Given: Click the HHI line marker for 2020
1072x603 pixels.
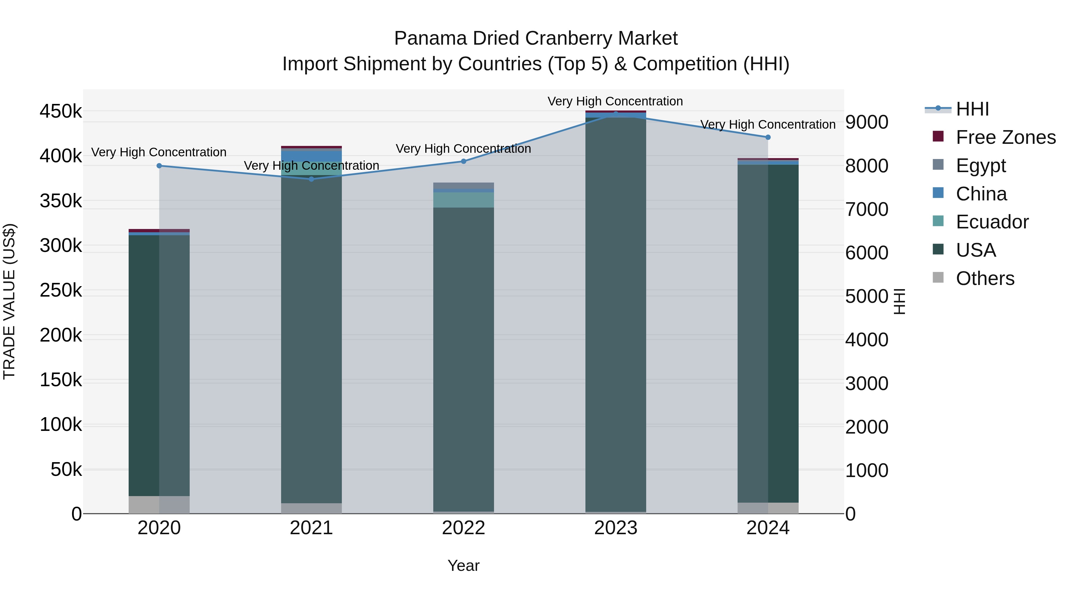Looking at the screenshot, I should pyautogui.click(x=159, y=166).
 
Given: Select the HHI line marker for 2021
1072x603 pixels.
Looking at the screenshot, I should pyautogui.click(x=311, y=179).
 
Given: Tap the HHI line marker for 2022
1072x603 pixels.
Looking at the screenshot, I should pyautogui.click(x=464, y=161).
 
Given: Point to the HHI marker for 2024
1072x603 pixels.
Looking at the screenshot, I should pyautogui.click(x=768, y=137).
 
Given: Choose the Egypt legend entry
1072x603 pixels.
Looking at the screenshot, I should pyautogui.click(x=981, y=166).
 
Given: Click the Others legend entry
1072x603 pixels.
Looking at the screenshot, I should pyautogui.click(x=985, y=278).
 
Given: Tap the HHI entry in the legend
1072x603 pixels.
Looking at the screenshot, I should pyautogui.click(x=972, y=109).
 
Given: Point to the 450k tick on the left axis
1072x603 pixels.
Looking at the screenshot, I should pyautogui.click(x=61, y=112).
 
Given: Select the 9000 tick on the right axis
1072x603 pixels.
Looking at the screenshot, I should pyautogui.click(x=867, y=122).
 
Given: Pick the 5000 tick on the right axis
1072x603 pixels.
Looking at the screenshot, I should pyautogui.click(x=867, y=296).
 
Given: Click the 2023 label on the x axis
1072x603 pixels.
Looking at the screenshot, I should pyautogui.click(x=616, y=528).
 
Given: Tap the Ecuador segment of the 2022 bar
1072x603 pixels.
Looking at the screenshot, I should pyautogui.click(x=464, y=200).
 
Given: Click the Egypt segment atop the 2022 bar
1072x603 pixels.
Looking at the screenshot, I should pyautogui.click(x=464, y=185).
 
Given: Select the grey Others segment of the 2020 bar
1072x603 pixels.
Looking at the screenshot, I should pyautogui.click(x=159, y=504).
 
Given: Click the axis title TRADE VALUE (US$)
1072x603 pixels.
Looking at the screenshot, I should pyautogui.click(x=9, y=301).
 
